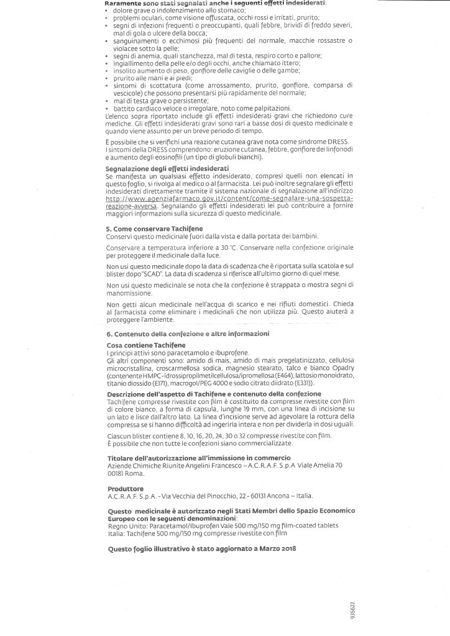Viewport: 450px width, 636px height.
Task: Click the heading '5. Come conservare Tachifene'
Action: (x=146, y=229)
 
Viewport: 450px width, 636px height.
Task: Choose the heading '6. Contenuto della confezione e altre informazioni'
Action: (x=188, y=334)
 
